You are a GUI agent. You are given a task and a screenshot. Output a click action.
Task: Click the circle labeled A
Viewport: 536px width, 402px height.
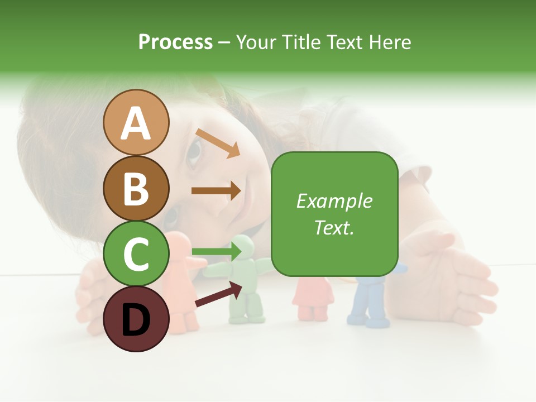[136, 123]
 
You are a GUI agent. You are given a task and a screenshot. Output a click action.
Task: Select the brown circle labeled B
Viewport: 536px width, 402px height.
[136, 188]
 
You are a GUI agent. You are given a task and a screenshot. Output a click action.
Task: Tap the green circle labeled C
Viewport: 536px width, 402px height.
[136, 253]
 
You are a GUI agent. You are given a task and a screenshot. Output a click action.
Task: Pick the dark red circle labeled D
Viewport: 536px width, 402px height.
[136, 319]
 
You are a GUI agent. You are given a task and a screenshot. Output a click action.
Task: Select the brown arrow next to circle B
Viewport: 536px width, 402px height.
[216, 190]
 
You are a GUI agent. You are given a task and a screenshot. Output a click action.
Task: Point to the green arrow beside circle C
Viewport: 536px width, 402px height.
[216, 252]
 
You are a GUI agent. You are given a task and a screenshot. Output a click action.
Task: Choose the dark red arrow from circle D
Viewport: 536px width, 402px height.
[218, 294]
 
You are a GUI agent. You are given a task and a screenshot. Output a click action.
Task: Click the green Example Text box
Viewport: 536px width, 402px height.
[334, 214]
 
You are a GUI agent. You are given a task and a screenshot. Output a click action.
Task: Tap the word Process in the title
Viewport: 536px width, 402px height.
[175, 42]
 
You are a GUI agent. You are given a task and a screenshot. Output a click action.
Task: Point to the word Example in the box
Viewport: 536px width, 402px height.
[334, 201]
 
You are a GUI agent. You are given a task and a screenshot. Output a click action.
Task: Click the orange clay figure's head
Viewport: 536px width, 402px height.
[178, 246]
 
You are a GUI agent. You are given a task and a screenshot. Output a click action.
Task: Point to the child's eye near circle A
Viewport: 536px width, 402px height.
[194, 152]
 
